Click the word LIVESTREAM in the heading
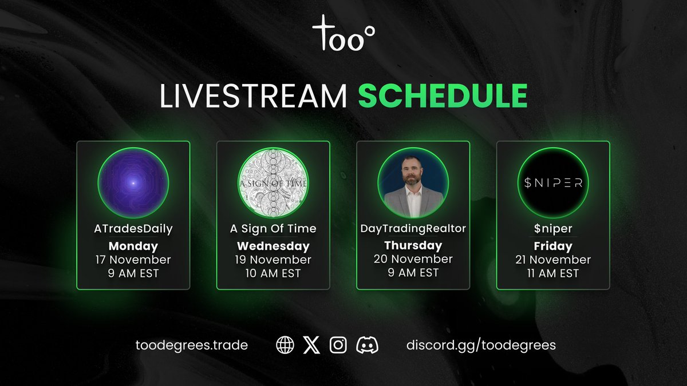(x=253, y=95)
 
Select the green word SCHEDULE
(x=443, y=95)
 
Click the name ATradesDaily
(x=133, y=229)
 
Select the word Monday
(x=133, y=246)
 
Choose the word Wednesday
(x=273, y=246)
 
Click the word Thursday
(x=413, y=245)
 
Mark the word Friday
(x=553, y=246)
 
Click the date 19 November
(x=273, y=260)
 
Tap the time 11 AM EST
(x=553, y=273)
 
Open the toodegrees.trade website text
(x=192, y=345)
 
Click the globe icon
(x=285, y=345)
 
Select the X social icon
(x=311, y=345)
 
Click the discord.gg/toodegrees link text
(x=480, y=345)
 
